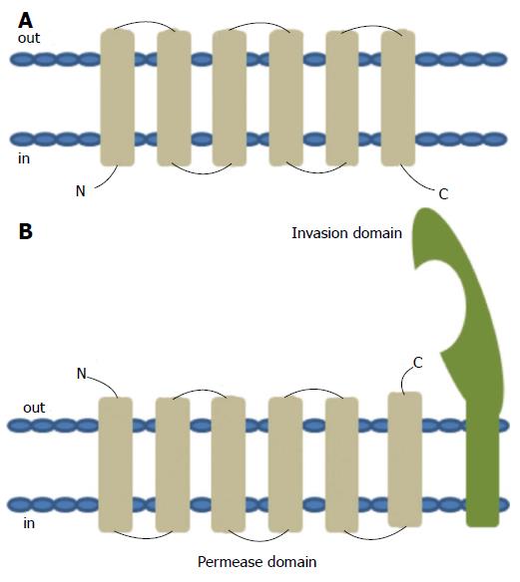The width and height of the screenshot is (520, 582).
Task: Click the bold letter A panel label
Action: point(25,21)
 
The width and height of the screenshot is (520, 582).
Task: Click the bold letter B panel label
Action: point(25,231)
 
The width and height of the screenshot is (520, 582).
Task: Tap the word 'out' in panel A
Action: point(29,38)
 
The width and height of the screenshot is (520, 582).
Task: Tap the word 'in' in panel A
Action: point(24,158)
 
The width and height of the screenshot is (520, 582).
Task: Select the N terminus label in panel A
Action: point(81,191)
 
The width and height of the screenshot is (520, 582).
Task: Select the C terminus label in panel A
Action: point(443,193)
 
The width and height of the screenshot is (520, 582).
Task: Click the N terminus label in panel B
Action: point(82,374)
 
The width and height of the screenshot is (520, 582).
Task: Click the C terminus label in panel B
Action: point(418,363)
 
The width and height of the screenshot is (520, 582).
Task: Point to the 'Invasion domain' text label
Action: point(346,233)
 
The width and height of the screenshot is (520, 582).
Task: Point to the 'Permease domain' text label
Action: point(257,562)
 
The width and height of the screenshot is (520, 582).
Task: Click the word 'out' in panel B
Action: point(34,408)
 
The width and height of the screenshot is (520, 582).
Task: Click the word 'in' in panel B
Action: point(29,523)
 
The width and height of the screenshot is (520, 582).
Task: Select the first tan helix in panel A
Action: point(118,98)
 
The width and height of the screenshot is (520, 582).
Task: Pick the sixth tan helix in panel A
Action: point(398,98)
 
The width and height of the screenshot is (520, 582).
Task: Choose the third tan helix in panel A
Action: point(230,99)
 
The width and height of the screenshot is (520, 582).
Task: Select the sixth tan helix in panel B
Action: point(405,459)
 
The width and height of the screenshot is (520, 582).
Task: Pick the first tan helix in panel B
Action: point(116,464)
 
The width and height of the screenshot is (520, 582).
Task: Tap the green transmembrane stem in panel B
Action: point(482,464)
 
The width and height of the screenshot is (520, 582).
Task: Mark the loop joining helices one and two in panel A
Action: point(145,22)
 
